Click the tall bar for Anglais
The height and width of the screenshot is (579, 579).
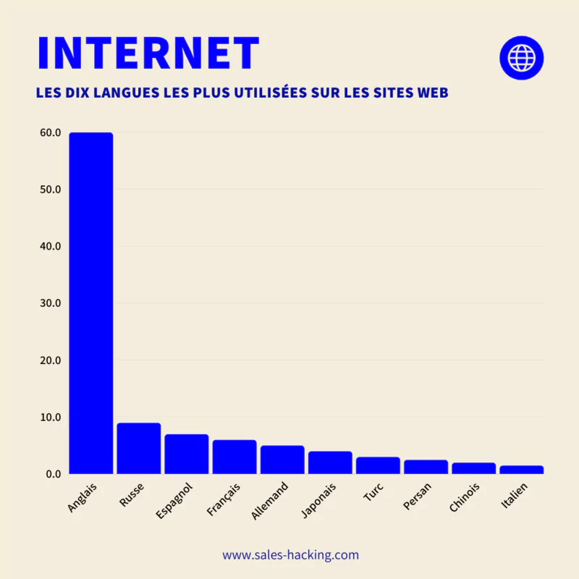coord(90,304)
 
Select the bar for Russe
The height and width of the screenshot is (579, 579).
coord(138,449)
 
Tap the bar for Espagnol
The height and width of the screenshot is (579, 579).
coord(186,455)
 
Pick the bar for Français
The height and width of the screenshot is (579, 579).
coord(234,457)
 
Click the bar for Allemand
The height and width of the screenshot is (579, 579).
coord(282,460)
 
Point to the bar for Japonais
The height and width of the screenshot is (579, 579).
coord(330,463)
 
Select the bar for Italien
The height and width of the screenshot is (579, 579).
coord(521,470)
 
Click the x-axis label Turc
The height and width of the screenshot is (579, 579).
coord(371,494)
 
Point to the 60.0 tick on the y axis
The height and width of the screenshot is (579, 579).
coord(50,132)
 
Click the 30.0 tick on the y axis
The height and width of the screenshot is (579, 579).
coord(50,303)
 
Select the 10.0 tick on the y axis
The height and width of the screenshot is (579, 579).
coord(50,418)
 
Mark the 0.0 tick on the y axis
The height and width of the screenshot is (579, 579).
coord(53,474)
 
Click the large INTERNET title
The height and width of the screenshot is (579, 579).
coord(148,53)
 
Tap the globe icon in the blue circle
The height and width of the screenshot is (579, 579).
coord(521,57)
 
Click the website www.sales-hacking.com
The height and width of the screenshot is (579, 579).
coord(290,555)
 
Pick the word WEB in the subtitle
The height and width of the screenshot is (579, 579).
coord(433,93)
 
